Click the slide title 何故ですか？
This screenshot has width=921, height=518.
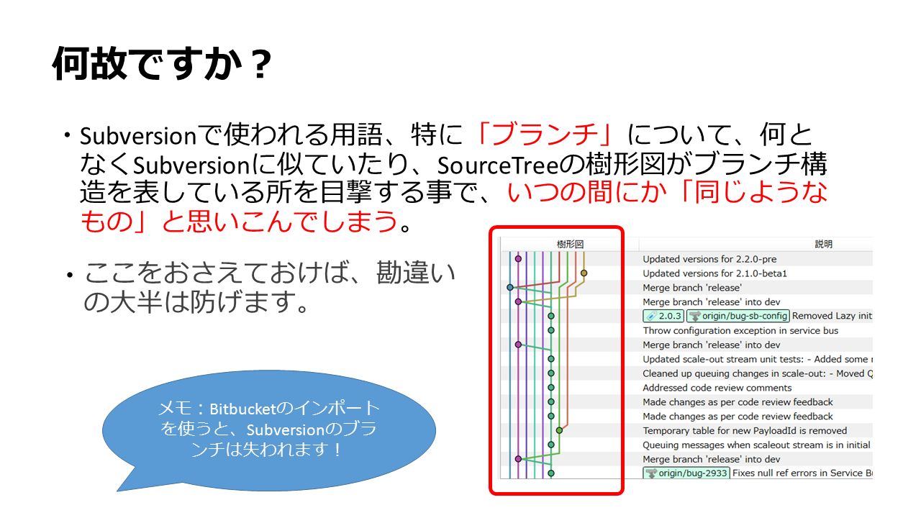click(163, 64)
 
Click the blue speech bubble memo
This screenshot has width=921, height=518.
click(269, 430)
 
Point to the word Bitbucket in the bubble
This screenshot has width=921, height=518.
click(242, 409)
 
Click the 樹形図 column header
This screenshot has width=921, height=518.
click(570, 244)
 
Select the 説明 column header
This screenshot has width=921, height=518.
click(824, 244)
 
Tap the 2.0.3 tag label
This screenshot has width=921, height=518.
click(663, 316)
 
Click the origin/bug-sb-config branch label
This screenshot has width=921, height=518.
click(738, 316)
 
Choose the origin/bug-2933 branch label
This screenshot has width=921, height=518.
click(686, 473)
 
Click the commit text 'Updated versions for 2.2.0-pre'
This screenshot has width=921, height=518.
click(709, 259)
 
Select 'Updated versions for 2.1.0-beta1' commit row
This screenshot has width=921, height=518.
click(714, 273)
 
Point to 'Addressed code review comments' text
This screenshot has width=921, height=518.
click(717, 388)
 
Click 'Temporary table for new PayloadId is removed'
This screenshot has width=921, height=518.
click(745, 430)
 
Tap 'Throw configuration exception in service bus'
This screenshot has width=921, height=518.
click(740, 330)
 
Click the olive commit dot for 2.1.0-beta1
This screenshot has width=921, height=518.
click(584, 273)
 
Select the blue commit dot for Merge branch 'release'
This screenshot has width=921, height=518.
click(510, 287)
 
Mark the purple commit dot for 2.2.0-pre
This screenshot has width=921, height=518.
click(518, 258)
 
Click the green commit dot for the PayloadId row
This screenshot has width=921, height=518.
click(559, 430)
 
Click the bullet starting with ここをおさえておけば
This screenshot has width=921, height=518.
click(261, 287)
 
